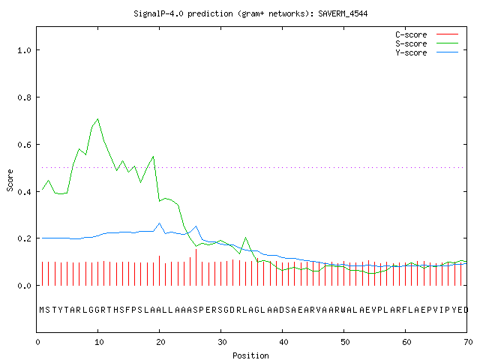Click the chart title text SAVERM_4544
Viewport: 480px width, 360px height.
[343, 13]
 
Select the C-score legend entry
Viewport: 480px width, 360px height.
[427, 34]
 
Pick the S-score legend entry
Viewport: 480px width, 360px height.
[427, 43]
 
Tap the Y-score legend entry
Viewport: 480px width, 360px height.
[427, 52]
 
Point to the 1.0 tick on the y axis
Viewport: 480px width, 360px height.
[24, 50]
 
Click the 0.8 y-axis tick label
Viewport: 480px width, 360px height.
[24, 97]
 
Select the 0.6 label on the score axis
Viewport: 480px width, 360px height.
[24, 145]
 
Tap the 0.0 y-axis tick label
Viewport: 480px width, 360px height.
[24, 286]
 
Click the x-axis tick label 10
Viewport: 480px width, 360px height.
[99, 342]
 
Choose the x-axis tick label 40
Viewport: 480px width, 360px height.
[283, 342]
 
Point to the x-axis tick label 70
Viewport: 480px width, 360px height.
[468, 342]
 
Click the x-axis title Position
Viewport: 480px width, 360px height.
[250, 355]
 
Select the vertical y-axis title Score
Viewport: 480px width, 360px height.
[10, 181]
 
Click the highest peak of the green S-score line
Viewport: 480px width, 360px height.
[98, 118]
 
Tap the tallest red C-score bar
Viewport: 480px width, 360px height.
[196, 267]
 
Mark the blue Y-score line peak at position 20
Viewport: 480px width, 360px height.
[160, 223]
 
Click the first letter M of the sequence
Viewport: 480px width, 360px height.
[42, 310]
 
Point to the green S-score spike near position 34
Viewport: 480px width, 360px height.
[245, 238]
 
